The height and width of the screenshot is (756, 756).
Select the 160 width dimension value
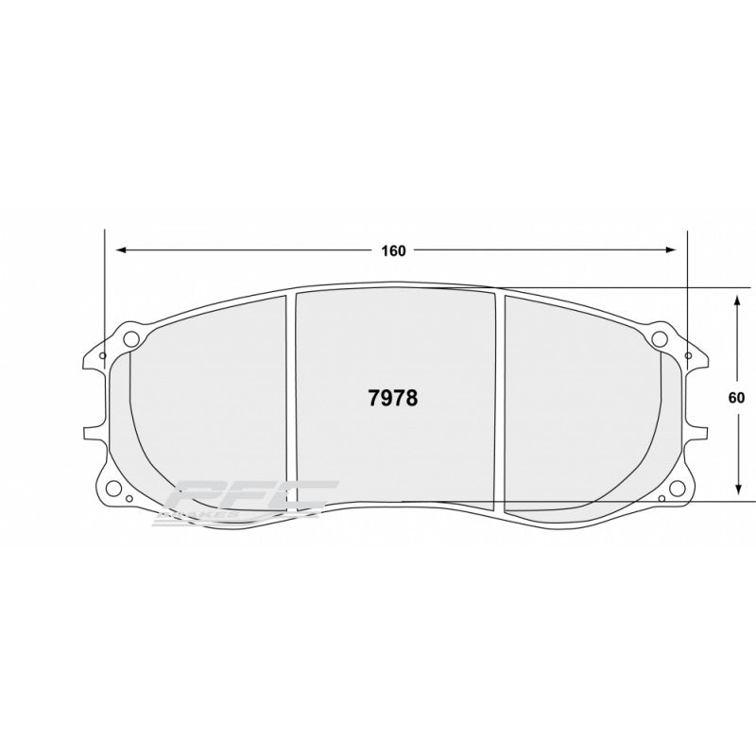coord(394,250)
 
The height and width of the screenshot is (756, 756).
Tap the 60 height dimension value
coord(738,398)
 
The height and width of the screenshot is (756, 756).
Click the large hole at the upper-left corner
coord(129,336)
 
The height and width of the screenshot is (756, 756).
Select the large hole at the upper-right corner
coord(660,336)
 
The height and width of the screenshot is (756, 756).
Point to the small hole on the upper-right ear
coord(687,356)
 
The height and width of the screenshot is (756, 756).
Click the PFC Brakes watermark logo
coord(250,498)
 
